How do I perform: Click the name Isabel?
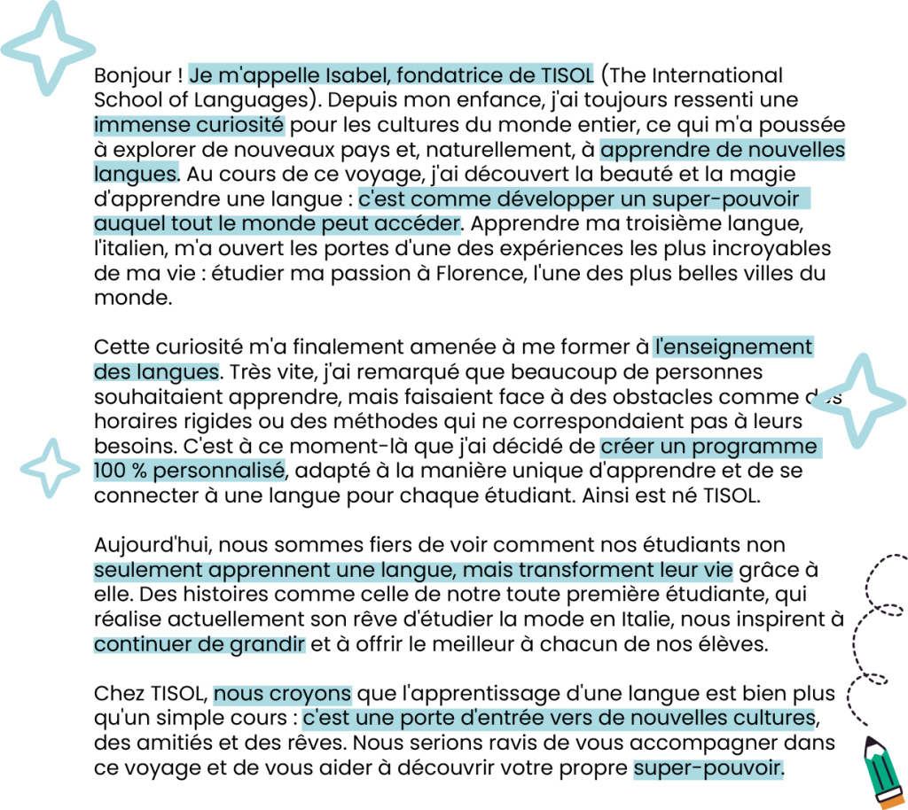pyautogui.click(x=359, y=75)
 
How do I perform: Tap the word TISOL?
pyautogui.click(x=567, y=75)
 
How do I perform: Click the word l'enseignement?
pyautogui.click(x=732, y=347)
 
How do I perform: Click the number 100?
pyautogui.click(x=109, y=471)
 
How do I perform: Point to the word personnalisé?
pyautogui.click(x=219, y=471)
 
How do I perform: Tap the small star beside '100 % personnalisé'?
pyautogui.click(x=51, y=467)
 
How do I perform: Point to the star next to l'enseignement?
pyautogui.click(x=857, y=401)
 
